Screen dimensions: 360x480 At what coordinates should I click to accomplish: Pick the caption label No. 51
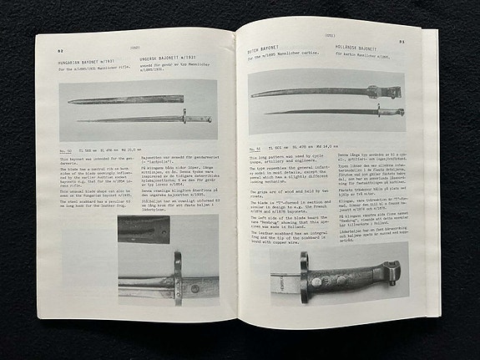[x=256, y=146]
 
